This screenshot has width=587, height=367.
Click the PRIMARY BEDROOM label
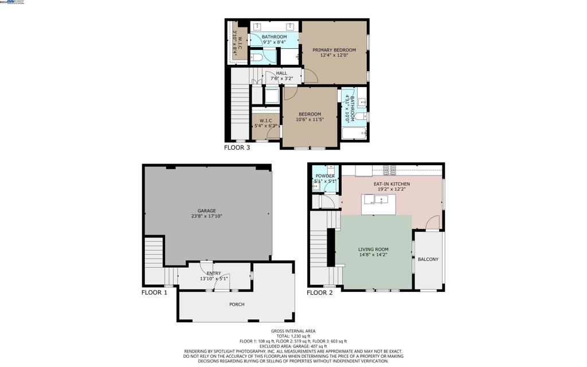(334, 50)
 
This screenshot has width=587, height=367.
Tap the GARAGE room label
(206, 210)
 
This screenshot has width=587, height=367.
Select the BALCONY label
(428, 259)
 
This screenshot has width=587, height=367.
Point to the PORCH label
(237, 304)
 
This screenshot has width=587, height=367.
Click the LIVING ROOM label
(373, 249)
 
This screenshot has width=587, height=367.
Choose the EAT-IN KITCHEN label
(392, 183)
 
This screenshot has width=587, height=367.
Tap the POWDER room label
(324, 176)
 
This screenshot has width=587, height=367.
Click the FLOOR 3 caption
(237, 147)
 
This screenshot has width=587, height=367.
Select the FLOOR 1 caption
(154, 292)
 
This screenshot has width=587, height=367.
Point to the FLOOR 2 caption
(319, 292)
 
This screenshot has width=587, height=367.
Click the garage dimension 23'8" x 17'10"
(206, 217)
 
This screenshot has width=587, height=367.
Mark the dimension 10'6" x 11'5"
(310, 120)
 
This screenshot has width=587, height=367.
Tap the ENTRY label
(214, 274)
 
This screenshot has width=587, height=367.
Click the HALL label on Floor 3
(281, 73)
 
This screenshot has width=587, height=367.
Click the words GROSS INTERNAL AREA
(293, 331)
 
